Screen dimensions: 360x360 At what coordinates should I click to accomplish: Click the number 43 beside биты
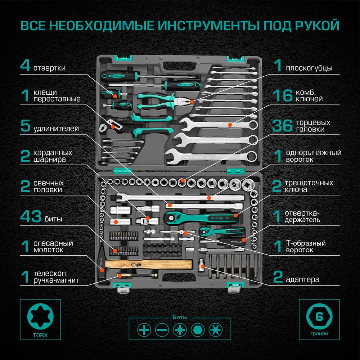click(31, 216)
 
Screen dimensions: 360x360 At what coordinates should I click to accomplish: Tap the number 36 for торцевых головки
click(282, 126)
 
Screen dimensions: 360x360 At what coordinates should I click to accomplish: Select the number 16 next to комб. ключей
click(283, 95)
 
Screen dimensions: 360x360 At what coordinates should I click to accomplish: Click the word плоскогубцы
click(309, 68)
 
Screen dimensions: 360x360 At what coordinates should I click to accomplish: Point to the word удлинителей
click(56, 129)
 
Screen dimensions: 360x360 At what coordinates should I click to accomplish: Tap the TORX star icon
click(40, 316)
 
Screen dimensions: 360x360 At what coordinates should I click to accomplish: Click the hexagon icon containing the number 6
click(319, 316)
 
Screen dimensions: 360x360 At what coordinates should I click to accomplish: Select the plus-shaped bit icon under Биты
click(144, 330)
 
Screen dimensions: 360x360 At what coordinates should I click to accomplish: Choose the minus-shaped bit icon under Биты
click(162, 330)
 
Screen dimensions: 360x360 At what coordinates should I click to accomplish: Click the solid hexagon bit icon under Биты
click(198, 330)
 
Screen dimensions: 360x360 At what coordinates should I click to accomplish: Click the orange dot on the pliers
click(192, 101)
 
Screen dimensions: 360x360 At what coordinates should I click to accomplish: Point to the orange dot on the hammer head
click(102, 270)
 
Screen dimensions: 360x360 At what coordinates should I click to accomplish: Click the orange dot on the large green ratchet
click(235, 215)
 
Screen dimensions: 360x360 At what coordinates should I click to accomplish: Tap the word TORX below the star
click(40, 335)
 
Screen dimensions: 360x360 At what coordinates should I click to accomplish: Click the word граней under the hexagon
click(319, 334)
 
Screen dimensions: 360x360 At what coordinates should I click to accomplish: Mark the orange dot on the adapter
click(202, 266)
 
